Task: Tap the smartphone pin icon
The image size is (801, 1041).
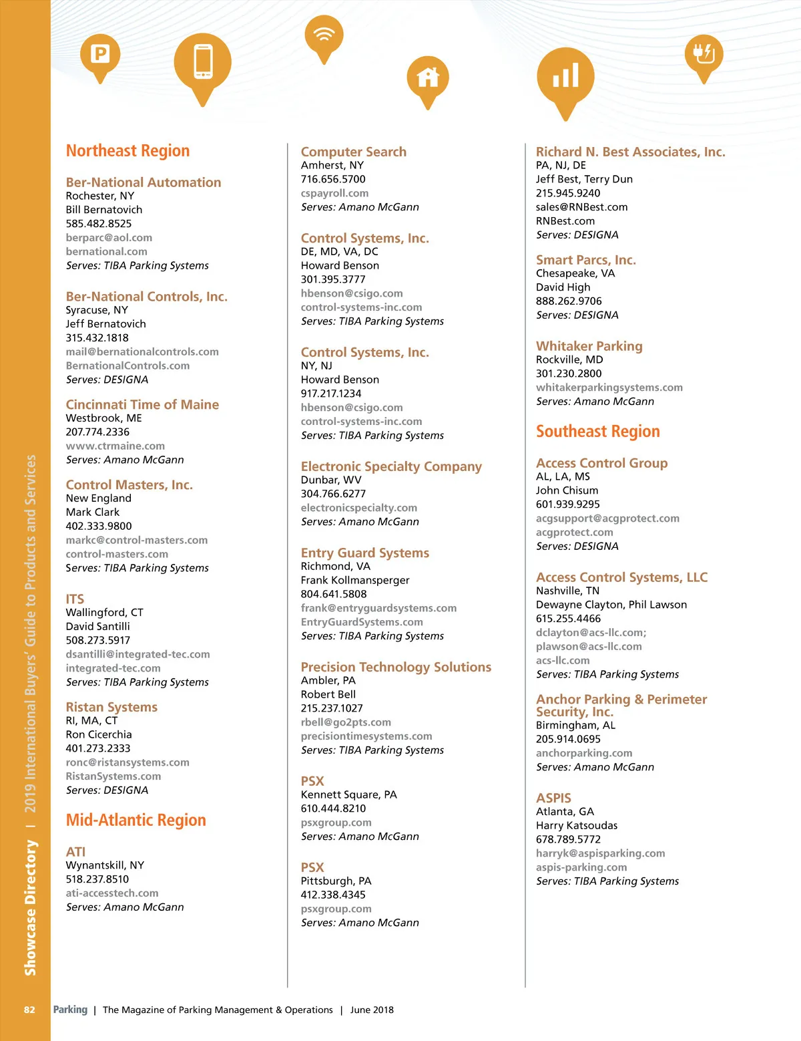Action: coord(202,62)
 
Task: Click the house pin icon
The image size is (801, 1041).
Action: coord(428,78)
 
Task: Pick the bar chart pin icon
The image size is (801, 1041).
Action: coord(565,76)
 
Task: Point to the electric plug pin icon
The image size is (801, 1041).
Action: coord(704,53)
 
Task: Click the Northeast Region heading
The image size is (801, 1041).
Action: coord(127,151)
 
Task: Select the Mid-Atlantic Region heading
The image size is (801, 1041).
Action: coord(136,820)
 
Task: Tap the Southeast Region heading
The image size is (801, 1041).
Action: coord(597,432)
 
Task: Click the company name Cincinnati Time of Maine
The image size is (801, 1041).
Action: coord(142,404)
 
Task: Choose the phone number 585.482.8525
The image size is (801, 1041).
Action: coord(99,224)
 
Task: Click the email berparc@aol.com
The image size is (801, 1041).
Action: coord(109,238)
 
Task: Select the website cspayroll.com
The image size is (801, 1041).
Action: coord(334,193)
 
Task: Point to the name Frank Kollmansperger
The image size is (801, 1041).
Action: coord(355,580)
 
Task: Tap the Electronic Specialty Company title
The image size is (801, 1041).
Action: coord(391,466)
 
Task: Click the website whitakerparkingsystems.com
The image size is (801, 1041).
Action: coord(609,388)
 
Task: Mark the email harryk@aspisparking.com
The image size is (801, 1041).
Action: coord(600,853)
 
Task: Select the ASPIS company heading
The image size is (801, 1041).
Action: coord(553,798)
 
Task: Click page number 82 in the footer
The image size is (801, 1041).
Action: coord(29,1010)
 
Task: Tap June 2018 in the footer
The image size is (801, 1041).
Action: coord(372,1010)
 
